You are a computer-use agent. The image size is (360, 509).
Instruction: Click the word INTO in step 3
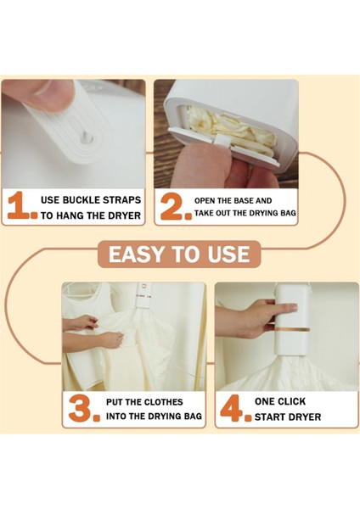[115, 416]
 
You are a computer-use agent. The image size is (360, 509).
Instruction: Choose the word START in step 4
[268, 417]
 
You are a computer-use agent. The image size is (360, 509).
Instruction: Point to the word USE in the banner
[228, 254]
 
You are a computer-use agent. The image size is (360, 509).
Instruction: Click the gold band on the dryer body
[291, 330]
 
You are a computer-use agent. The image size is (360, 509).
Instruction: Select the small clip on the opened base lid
[222, 141]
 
